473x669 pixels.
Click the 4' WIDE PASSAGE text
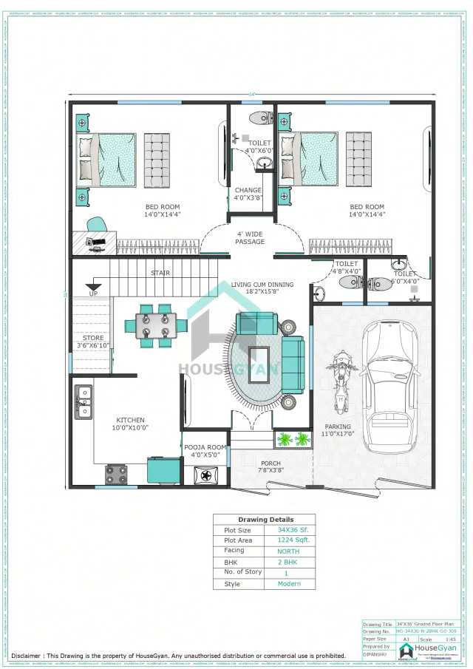[250, 238]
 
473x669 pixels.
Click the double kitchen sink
[84, 401]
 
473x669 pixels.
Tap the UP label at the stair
[93, 293]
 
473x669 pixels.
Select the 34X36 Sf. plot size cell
[290, 530]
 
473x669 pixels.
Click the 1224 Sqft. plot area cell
[290, 540]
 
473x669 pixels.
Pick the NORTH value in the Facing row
[288, 551]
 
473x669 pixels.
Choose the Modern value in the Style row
[288, 584]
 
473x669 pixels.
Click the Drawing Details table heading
[265, 520]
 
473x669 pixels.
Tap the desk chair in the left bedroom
[96, 225]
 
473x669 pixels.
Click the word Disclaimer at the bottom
[26, 656]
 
